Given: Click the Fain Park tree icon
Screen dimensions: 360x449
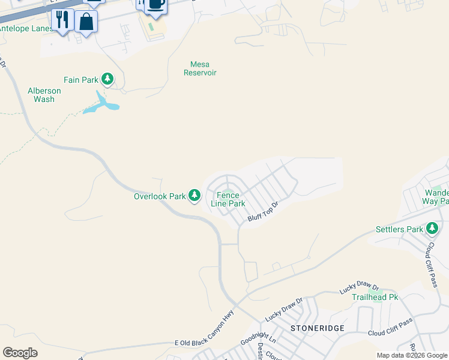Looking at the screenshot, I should coord(107,79).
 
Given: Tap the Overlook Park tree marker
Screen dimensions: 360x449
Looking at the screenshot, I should coord(194,195).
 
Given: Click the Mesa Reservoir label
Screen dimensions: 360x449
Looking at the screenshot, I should coord(200,68).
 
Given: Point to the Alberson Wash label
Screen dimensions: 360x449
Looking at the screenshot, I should coord(44,95).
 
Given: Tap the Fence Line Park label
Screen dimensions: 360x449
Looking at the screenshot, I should coord(228,199).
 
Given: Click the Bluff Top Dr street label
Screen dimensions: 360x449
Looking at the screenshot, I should coord(264,212).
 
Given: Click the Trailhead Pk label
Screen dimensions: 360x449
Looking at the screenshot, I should coord(375,297).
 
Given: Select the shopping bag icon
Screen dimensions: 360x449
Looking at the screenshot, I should coord(86,22).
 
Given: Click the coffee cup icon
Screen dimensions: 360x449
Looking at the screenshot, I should coord(155,4).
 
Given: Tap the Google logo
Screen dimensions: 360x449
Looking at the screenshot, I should coord(20,352).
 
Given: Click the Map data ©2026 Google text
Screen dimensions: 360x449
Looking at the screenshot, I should coord(412,355).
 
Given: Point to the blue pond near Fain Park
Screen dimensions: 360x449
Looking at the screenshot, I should coord(103,105).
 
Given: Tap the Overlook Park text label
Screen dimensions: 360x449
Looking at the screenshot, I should coord(160,196).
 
